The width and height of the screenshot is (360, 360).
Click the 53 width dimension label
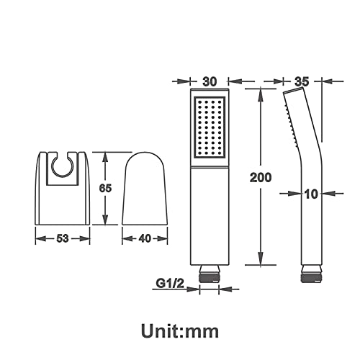(63, 238)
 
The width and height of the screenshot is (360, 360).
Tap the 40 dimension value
(145, 238)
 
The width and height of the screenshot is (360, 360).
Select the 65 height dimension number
(105, 188)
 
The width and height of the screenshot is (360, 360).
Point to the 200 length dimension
(261, 177)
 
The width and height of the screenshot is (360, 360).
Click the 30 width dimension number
(210, 81)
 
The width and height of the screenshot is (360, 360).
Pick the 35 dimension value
(302, 81)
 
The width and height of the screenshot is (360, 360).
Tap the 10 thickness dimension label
(311, 194)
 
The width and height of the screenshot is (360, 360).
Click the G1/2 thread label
(170, 284)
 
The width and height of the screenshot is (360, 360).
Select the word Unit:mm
(180, 331)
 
